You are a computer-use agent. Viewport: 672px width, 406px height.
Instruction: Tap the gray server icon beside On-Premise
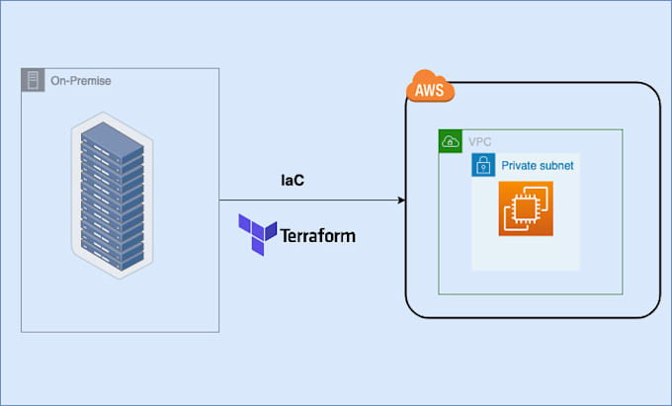(x=33, y=80)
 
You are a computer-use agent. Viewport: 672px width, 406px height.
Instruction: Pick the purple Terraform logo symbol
(x=257, y=234)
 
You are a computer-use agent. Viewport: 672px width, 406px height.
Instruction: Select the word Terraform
(x=317, y=236)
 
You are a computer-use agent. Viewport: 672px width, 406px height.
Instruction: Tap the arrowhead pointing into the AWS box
(x=400, y=201)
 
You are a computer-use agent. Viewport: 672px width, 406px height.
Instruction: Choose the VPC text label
(x=478, y=142)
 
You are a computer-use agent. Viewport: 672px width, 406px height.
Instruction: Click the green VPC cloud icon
(x=451, y=141)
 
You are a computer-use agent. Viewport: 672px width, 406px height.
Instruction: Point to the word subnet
(x=556, y=166)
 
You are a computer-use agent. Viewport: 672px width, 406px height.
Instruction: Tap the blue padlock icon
(x=483, y=166)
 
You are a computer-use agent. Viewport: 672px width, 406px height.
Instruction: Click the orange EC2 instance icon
(x=526, y=208)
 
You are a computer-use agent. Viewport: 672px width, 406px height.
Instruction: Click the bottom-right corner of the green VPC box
(x=623, y=293)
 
